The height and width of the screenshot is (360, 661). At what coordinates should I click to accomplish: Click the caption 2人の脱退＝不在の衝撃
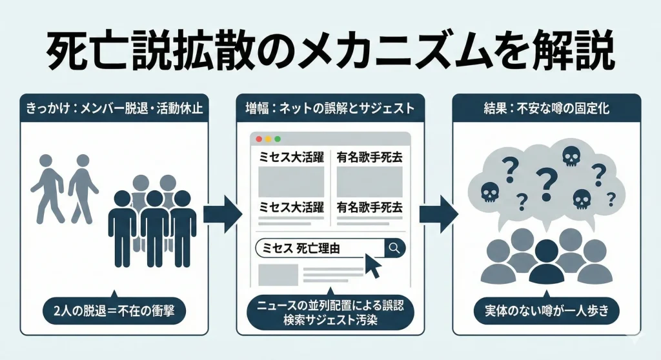(x=114, y=312)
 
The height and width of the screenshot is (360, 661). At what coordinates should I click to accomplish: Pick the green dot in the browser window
(x=278, y=139)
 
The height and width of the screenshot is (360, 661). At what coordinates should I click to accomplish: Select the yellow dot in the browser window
(x=269, y=139)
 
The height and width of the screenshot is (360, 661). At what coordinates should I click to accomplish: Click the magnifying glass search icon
(x=394, y=247)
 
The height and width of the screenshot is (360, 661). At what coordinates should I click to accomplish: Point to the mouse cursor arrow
(x=373, y=265)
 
